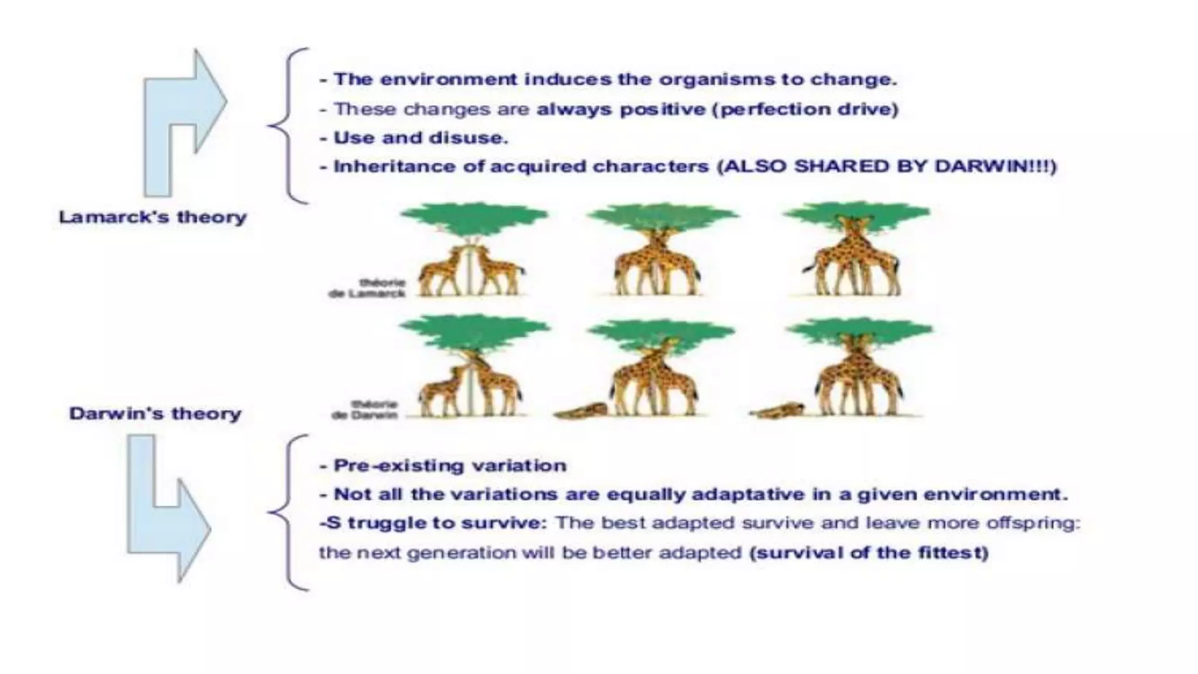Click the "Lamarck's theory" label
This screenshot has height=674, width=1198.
click(153, 217)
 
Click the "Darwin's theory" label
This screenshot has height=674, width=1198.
click(155, 414)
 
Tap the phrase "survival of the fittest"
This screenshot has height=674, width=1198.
click(869, 553)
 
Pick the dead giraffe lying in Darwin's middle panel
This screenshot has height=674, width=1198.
click(580, 411)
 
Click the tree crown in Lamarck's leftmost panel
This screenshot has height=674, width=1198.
click(474, 216)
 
